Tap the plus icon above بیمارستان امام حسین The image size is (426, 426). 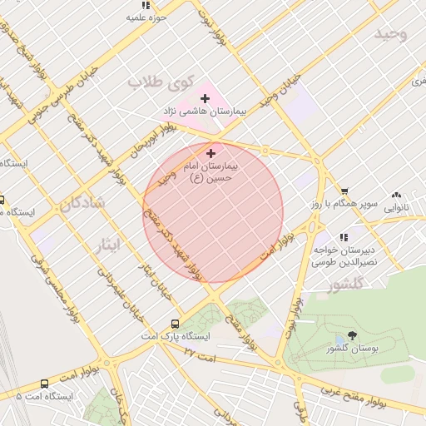tap(211, 153)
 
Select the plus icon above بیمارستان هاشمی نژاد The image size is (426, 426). tap(205, 98)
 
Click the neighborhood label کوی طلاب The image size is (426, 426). tap(161, 82)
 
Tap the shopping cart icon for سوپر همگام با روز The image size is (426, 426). tap(344, 191)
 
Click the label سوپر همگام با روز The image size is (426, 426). tap(351, 204)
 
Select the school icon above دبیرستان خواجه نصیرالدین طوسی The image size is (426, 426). tap(344, 238)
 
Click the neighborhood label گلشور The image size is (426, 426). tap(345, 285)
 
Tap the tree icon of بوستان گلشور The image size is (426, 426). tap(352, 336)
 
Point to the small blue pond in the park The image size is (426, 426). tap(340, 342)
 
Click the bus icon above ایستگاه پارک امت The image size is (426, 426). tap(175, 324)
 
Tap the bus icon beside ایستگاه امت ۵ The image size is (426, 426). tap(44, 384)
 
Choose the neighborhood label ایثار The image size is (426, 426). tap(106, 244)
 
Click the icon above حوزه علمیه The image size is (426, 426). tap(146, 5)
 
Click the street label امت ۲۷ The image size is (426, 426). tap(200, 354)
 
